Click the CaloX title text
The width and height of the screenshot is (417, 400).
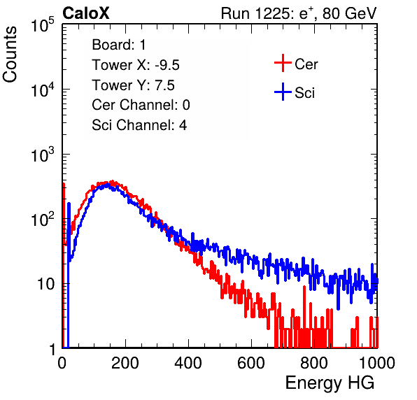tap(86, 13)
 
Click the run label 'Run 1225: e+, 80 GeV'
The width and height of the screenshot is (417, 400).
tap(299, 13)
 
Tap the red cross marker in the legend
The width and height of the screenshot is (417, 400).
tap(283, 63)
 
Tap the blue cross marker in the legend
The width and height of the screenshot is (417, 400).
tap(283, 92)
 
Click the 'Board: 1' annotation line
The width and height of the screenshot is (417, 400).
tap(119, 45)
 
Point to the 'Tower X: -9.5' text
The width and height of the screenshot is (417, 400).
tap(136, 65)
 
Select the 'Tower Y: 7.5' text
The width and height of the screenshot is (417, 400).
tap(133, 85)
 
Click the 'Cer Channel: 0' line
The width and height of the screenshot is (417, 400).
tap(141, 105)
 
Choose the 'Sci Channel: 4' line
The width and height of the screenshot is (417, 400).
tap(139, 125)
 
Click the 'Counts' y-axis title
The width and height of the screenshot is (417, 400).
tap(10, 55)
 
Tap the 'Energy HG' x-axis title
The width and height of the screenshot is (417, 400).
tap(330, 383)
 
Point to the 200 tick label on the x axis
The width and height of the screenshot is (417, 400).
tap(125, 363)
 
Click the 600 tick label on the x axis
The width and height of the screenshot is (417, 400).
tap(251, 363)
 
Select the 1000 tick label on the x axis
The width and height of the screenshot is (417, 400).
tap(377, 363)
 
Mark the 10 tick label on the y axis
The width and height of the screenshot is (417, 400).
tap(45, 284)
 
